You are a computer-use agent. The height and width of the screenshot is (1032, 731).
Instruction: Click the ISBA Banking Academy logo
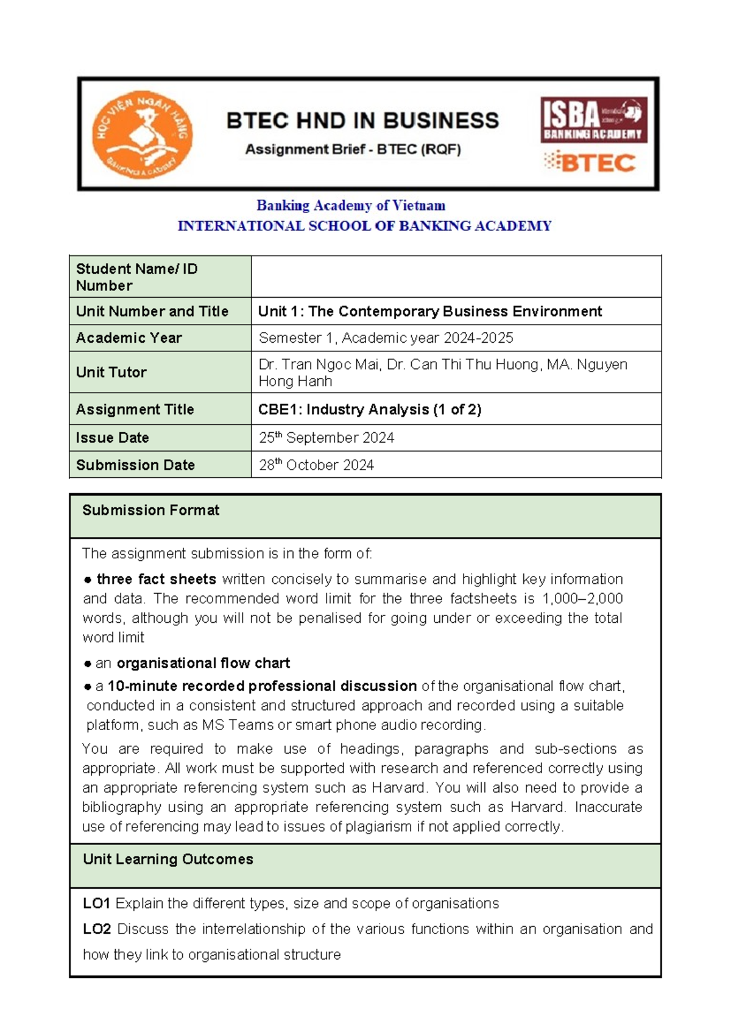click(x=593, y=120)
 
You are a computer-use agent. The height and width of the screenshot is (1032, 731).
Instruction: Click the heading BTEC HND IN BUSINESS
click(x=362, y=121)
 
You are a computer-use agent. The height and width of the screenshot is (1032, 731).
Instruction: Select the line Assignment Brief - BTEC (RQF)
click(x=353, y=149)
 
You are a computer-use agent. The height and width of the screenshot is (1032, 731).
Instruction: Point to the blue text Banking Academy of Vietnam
click(x=350, y=206)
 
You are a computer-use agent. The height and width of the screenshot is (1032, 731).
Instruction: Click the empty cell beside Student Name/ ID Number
click(x=456, y=277)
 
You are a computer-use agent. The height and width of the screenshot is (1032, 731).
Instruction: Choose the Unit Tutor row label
click(x=111, y=372)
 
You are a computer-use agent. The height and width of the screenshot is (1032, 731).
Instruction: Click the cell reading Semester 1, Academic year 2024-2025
click(x=386, y=338)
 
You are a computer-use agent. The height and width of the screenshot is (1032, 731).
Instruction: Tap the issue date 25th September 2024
click(x=326, y=438)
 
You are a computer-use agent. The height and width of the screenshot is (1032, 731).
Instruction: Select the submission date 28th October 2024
click(x=316, y=465)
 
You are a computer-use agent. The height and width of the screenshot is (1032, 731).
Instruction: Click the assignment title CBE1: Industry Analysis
click(x=369, y=409)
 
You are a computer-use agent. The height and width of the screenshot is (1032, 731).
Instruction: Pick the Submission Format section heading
click(x=150, y=510)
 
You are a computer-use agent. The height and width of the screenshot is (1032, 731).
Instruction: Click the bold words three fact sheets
click(x=157, y=579)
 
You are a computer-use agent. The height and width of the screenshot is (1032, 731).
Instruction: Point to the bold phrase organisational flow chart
click(x=203, y=663)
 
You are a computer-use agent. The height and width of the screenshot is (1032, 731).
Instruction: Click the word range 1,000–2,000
click(x=582, y=598)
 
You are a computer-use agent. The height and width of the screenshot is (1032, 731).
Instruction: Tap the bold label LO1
click(x=96, y=904)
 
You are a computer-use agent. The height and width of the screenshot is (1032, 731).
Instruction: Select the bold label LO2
click(x=97, y=929)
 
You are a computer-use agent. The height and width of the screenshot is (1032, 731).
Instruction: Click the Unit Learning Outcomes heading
click(x=168, y=859)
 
